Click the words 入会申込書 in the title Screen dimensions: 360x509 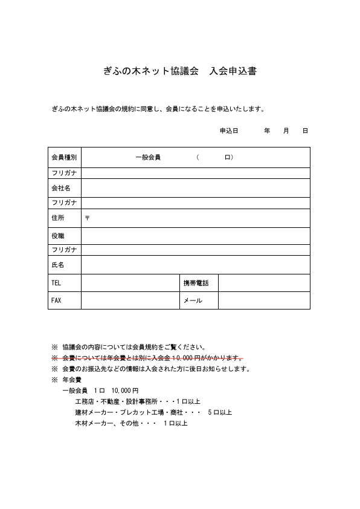(233, 71)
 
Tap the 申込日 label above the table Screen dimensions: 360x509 (228, 131)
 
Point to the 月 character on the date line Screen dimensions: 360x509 (286, 131)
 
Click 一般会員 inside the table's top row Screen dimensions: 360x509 (148, 157)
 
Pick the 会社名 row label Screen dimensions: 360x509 (61, 188)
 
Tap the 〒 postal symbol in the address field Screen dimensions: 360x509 (87, 218)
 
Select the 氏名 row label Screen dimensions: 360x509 (58, 265)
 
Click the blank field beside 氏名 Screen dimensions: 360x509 (195, 265)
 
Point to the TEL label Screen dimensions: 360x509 (57, 283)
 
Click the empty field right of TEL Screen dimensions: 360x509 (130, 283)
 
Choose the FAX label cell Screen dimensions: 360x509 (57, 300)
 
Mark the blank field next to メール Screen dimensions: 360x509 (264, 300)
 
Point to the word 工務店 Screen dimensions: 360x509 (84, 401)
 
